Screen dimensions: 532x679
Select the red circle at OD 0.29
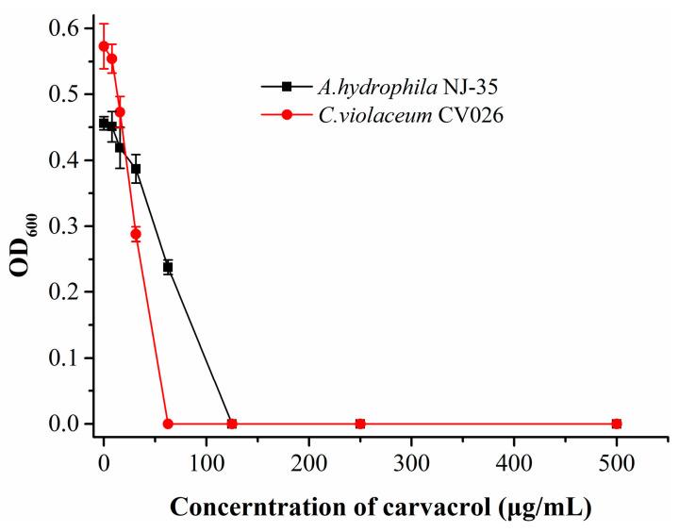coord(136,234)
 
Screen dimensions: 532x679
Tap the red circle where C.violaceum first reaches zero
coord(168,424)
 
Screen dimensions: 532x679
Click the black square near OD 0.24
coord(168,267)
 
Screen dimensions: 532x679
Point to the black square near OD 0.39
coord(136,169)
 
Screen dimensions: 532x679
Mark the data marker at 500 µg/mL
coord(617,424)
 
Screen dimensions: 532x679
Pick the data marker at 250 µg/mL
coord(360,424)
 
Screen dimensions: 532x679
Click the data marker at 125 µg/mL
coord(232,424)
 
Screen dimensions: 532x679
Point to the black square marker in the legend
coord(287,86)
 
